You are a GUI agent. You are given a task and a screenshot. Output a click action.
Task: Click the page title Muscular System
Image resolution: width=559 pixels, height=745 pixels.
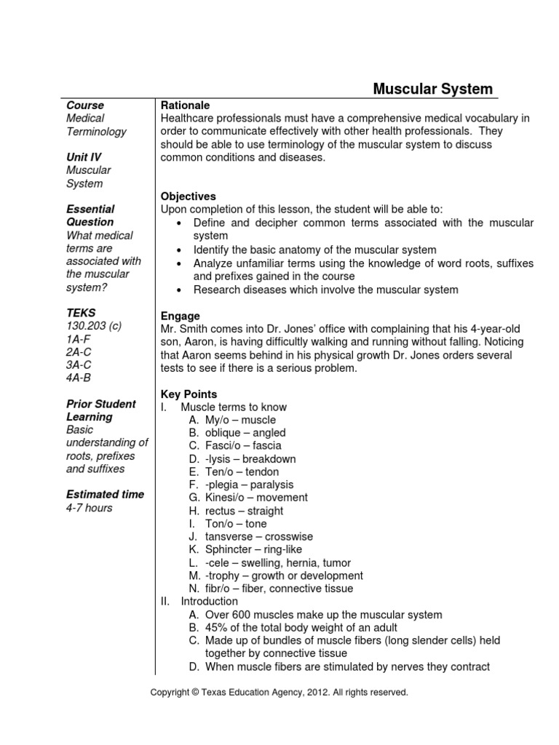(432, 89)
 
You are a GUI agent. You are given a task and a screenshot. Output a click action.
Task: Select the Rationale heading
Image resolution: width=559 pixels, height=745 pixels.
(185, 105)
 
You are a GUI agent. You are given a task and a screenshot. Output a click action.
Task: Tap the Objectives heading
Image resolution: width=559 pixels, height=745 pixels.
(188, 196)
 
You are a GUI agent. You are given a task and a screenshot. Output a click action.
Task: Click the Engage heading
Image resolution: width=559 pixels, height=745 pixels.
(180, 316)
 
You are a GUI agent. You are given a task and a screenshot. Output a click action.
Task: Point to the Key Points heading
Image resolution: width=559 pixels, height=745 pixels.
(185, 394)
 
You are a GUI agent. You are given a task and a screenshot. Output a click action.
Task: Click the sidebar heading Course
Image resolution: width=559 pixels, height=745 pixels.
(85, 105)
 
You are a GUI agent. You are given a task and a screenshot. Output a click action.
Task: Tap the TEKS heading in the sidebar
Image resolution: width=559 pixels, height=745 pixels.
(81, 313)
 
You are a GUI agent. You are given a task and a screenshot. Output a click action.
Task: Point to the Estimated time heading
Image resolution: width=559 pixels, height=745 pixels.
(105, 495)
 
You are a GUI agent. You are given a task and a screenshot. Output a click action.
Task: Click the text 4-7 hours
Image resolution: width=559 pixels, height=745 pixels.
(89, 508)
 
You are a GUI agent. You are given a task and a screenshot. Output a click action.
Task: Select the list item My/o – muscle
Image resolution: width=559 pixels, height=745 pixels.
(240, 421)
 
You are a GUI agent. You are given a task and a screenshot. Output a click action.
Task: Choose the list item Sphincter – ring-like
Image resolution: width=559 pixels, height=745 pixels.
(253, 550)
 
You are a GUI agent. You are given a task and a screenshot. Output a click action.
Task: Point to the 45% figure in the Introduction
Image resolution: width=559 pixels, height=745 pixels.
(217, 628)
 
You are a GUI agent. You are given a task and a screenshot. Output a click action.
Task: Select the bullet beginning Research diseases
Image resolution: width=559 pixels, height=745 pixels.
(325, 290)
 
